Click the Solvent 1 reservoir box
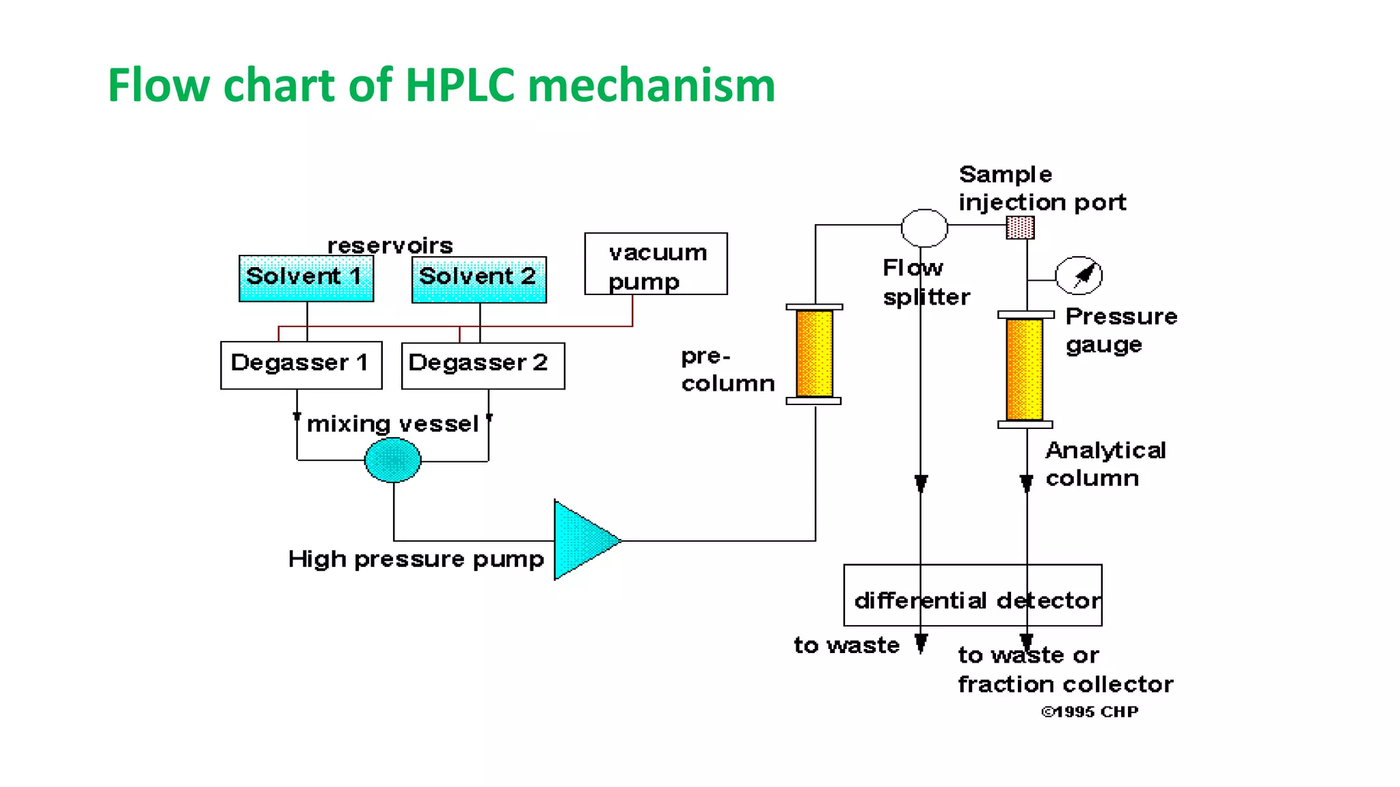[x=306, y=278]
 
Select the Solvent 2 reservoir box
[x=479, y=279]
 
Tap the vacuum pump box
[x=656, y=264]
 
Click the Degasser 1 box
[x=301, y=365]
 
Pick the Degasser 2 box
[x=483, y=365]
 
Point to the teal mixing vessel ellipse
[x=393, y=460]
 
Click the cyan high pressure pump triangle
[x=581, y=540]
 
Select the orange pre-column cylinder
[x=814, y=354]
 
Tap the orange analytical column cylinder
[x=1025, y=369]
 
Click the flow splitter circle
[x=924, y=227]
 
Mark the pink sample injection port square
[x=1020, y=227]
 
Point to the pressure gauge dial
[x=1079, y=276]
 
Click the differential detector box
[x=972, y=595]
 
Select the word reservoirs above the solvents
[x=390, y=245]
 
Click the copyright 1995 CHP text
[x=1090, y=712]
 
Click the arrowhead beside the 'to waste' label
[x=921, y=643]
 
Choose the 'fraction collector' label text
[x=1065, y=685]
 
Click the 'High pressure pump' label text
[x=416, y=560]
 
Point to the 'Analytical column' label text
[x=1105, y=464]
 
